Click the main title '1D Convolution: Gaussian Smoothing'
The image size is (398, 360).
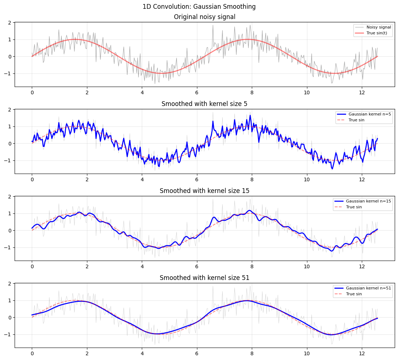[x=199, y=7]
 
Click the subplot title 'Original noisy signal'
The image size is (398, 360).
[x=204, y=17]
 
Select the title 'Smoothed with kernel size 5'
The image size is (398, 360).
[x=204, y=104]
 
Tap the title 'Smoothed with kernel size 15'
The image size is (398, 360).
[x=204, y=191]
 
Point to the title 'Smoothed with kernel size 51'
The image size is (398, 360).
[x=204, y=278]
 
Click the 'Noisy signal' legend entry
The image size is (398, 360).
[x=379, y=27]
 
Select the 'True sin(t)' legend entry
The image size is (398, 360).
[x=377, y=33]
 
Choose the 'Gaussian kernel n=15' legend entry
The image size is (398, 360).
[x=368, y=201]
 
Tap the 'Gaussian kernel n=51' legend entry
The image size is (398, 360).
[x=368, y=288]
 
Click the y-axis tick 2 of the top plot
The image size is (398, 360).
[x=10, y=23]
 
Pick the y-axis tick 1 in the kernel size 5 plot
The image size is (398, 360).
[x=10, y=126]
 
